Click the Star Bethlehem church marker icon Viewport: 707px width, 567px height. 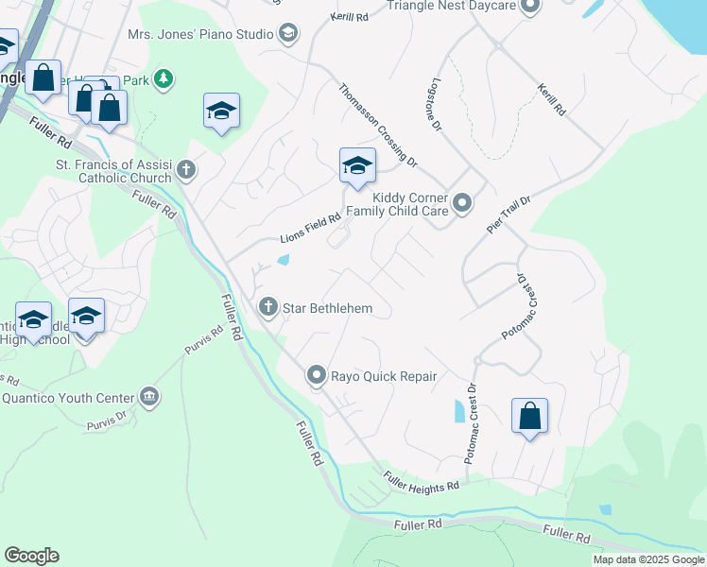pos(268,307)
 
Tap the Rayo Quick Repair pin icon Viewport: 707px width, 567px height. pos(317,375)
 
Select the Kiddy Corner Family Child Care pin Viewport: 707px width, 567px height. pos(462,202)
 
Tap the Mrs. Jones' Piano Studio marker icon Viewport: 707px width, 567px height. pos(287,34)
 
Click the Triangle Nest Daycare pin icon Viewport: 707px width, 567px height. pos(529,7)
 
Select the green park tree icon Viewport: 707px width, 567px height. pos(164,78)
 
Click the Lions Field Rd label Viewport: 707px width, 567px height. pos(310,230)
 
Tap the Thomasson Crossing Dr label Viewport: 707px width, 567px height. pos(378,125)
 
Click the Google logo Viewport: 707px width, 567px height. pos(31,556)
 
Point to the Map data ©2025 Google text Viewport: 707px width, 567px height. pos(647,559)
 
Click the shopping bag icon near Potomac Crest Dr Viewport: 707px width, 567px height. pos(529,416)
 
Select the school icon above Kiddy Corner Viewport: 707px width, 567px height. pos(357,166)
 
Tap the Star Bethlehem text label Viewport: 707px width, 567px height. pos(328,308)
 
